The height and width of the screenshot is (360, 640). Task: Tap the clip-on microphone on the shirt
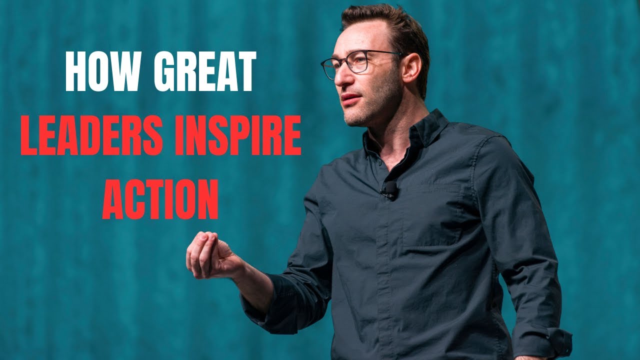click(x=389, y=190)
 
